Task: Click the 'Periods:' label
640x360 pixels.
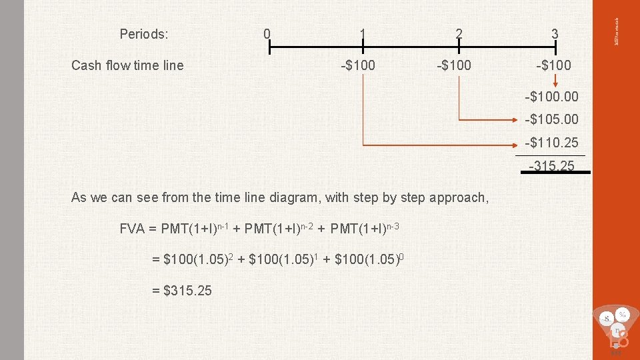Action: point(143,33)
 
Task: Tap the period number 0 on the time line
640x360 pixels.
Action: point(267,33)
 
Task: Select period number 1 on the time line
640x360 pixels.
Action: point(362,33)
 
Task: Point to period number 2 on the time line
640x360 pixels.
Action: point(459,33)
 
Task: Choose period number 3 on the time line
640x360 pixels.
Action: point(555,33)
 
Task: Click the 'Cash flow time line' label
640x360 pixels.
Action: point(127,65)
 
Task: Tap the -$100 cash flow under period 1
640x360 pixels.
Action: point(358,65)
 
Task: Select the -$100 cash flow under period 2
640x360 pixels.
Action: point(453,65)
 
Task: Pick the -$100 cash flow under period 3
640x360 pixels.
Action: point(553,65)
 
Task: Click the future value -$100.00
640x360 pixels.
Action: point(552,97)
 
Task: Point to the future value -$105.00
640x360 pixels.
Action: point(552,120)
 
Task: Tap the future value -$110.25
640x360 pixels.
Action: point(552,143)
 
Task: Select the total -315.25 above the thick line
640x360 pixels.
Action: point(552,165)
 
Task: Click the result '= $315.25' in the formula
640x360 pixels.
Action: point(178,290)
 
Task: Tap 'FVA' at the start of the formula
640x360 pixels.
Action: point(133,229)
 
